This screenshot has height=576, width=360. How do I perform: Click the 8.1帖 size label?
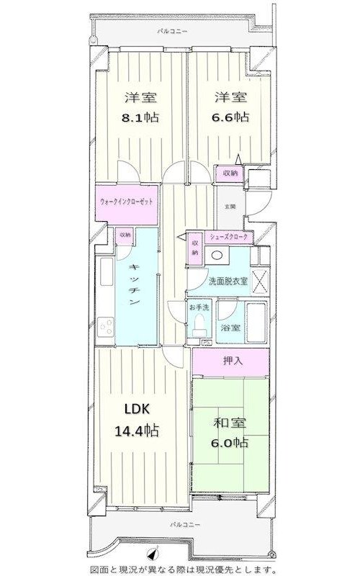[x=140, y=117]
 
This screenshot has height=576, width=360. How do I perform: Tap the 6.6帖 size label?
[x=230, y=117]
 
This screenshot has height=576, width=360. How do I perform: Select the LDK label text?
[x=137, y=409]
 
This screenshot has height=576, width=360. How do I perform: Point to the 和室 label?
[x=230, y=423]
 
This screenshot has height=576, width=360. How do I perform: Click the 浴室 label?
[x=230, y=328]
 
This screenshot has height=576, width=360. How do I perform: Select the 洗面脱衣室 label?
[x=228, y=282]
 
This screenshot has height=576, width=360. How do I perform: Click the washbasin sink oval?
[x=217, y=255]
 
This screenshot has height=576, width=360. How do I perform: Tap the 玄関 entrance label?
[x=230, y=207]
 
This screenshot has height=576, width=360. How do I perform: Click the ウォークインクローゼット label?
[x=126, y=202]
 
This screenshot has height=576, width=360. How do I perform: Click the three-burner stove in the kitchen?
[x=105, y=327]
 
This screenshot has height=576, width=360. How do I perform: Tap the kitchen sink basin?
[x=106, y=271]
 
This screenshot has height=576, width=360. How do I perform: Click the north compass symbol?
[x=153, y=554]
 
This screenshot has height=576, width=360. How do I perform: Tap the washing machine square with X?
[x=260, y=282]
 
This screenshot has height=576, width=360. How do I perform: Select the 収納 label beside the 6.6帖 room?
[x=230, y=173]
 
